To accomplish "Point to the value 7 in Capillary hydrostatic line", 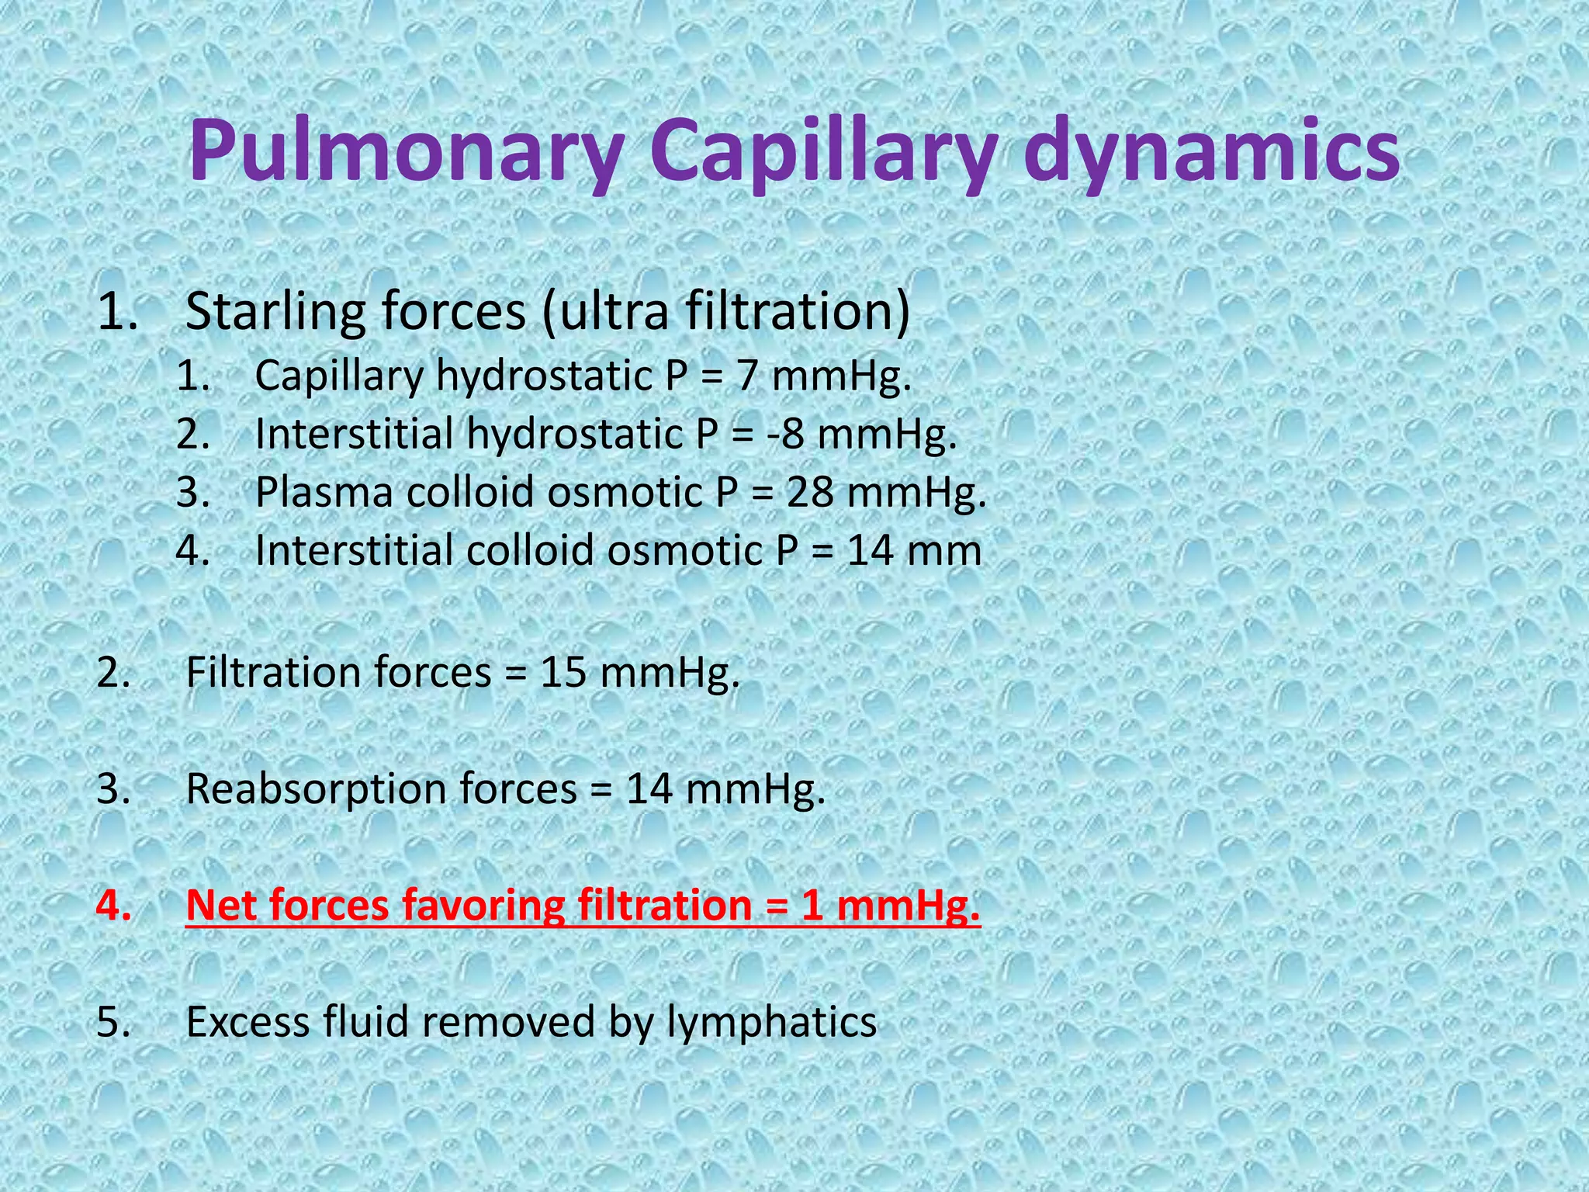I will coord(746,376).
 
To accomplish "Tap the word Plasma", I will coord(324,492).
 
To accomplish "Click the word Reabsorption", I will coord(316,789).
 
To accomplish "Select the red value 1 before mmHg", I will coord(812,906).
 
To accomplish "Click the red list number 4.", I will coord(113,906).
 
